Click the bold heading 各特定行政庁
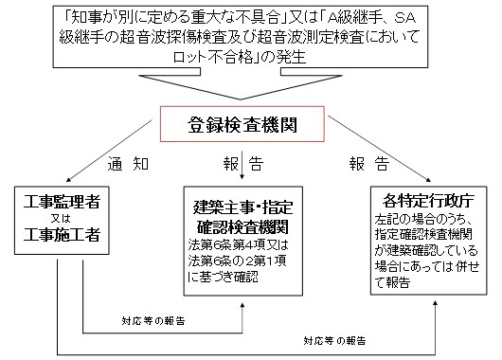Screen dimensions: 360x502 click(421, 202)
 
